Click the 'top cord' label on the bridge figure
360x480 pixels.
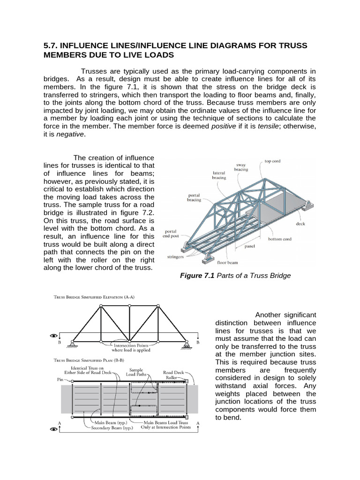(x=273, y=161)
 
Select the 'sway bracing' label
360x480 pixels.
(x=241, y=167)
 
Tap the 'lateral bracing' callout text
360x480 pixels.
(x=218, y=175)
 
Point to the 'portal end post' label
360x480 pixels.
(x=173, y=234)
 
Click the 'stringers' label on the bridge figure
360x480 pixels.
(x=176, y=257)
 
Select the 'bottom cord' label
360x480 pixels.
(x=280, y=239)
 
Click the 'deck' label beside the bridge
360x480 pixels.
(x=300, y=224)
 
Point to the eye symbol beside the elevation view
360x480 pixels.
(x=54, y=336)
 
